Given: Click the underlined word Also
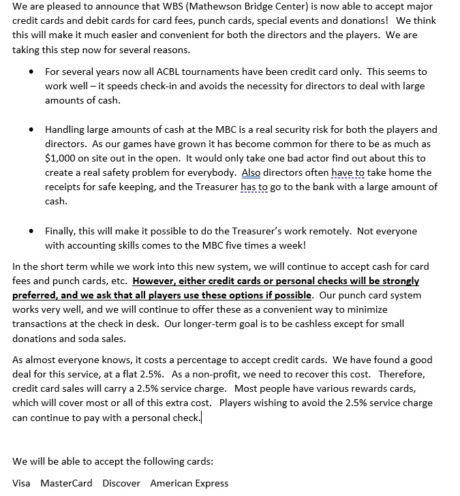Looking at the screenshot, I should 251,172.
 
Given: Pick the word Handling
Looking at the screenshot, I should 67,129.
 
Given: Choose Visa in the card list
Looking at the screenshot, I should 21,483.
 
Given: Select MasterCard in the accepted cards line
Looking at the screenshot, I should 66,483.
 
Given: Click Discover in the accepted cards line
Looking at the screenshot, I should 121,483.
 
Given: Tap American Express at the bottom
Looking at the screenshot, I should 189,483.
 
